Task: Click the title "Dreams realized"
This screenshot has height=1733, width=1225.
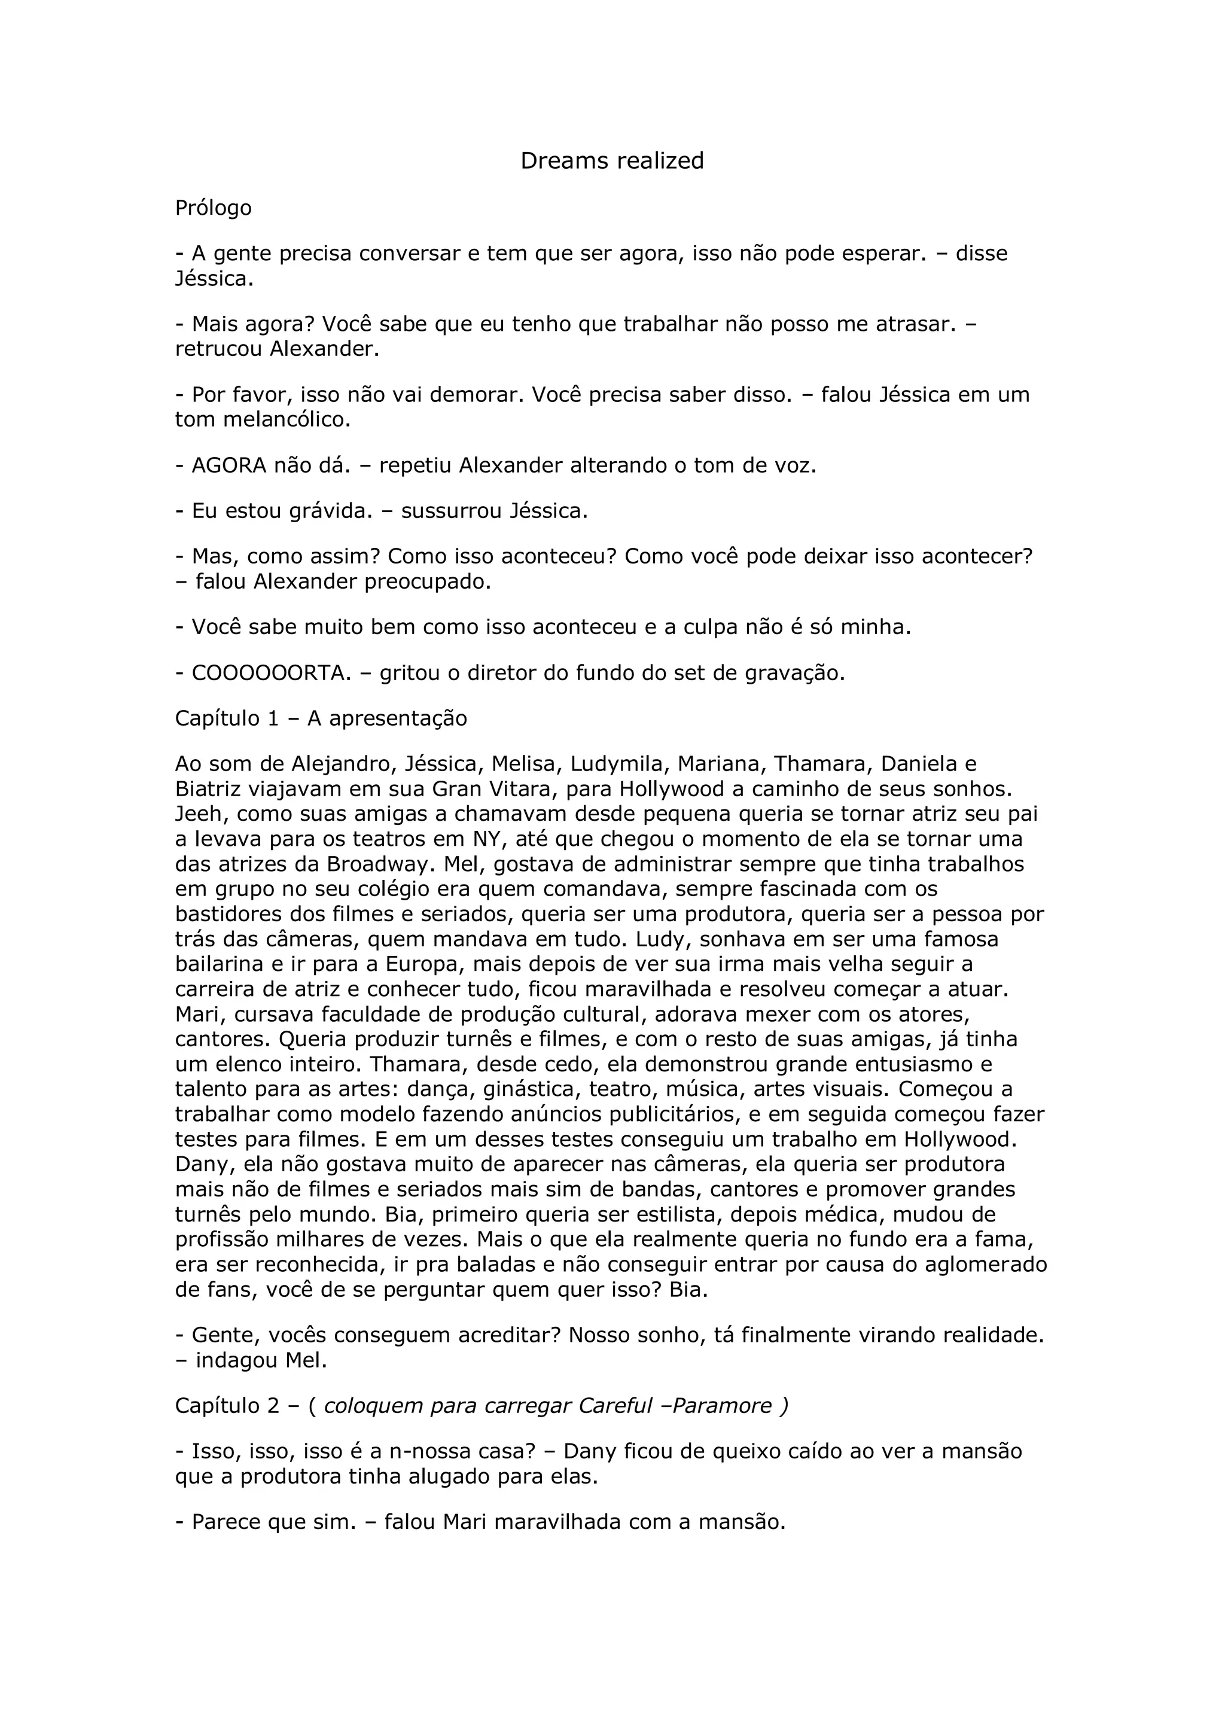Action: click(x=612, y=161)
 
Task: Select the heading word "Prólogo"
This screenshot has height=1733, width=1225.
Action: click(x=213, y=208)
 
